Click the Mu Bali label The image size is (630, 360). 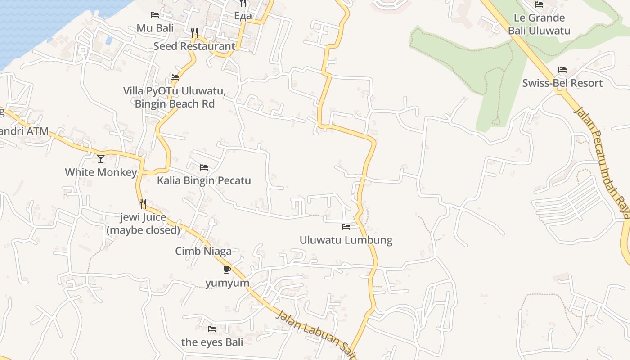(155, 28)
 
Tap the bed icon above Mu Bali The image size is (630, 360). (155, 15)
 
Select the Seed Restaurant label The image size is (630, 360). (194, 46)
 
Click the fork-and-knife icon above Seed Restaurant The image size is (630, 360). (194, 32)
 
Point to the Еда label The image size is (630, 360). (243, 16)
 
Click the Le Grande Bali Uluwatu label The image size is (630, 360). (539, 24)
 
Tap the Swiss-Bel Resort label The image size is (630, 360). (562, 83)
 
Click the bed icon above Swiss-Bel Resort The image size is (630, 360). (562, 70)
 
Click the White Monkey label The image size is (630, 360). (101, 172)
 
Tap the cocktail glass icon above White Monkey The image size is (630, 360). (101, 159)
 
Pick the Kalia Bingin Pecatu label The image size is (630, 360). (204, 180)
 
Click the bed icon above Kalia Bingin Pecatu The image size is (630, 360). (204, 167)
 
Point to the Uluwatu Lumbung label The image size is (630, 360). (346, 240)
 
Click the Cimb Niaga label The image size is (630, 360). (203, 251)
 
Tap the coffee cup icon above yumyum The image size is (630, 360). (227, 270)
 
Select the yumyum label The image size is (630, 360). (227, 283)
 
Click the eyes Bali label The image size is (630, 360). (212, 342)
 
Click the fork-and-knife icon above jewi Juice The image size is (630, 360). (143, 204)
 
